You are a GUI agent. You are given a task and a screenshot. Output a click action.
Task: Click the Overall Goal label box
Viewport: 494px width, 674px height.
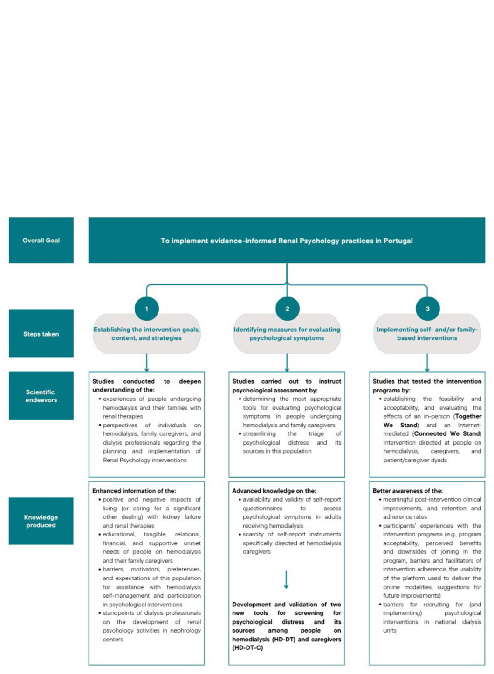(41, 240)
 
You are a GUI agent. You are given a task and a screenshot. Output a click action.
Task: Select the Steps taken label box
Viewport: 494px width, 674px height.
(41, 334)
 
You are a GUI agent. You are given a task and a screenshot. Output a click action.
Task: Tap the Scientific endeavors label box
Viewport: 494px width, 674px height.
(41, 396)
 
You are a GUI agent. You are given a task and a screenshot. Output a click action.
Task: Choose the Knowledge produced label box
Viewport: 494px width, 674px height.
(41, 521)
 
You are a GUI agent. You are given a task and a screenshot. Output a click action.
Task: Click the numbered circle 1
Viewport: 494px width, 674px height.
(147, 309)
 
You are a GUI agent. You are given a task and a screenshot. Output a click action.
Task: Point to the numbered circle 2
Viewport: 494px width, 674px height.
(287, 309)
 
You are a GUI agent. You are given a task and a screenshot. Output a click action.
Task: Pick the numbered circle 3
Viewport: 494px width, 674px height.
(427, 309)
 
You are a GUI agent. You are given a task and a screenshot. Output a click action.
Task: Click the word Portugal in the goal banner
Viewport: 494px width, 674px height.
(398, 241)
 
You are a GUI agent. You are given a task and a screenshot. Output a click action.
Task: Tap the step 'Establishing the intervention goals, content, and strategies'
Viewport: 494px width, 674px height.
(147, 334)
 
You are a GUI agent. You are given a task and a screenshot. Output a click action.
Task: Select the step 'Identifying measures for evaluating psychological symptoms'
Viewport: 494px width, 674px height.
(287, 334)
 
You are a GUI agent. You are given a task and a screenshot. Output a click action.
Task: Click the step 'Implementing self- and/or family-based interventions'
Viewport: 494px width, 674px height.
(427, 334)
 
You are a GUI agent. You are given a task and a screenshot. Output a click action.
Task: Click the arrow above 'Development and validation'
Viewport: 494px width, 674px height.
(286, 579)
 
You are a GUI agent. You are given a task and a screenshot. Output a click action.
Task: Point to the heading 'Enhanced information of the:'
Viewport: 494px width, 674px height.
(134, 491)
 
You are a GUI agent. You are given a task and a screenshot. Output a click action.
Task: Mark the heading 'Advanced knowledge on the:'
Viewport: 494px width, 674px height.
(274, 491)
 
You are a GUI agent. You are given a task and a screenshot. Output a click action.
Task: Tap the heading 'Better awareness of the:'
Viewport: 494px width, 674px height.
(408, 491)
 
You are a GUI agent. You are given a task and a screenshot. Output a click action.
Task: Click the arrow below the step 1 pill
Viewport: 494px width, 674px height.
(147, 363)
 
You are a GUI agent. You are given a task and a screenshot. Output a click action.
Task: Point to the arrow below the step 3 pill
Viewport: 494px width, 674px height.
(427, 363)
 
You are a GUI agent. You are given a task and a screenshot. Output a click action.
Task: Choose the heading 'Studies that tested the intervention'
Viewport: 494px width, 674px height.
(427, 381)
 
